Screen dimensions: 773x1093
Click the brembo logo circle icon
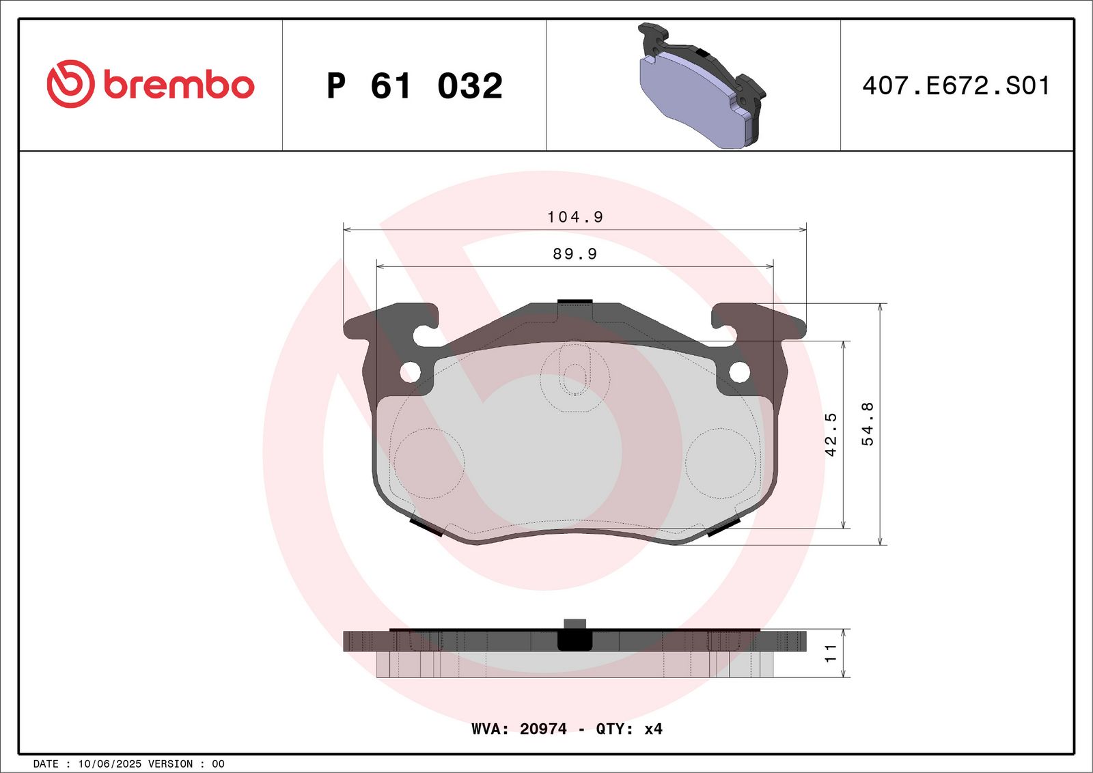coord(70,84)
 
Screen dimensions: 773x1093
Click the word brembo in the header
coord(179,85)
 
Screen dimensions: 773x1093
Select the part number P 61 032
coord(415,86)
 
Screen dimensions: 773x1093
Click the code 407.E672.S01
coord(956,86)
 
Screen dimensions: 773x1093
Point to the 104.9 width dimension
coord(575,217)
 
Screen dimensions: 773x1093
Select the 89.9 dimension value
coord(575,254)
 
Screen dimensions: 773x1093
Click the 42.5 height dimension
coord(831,434)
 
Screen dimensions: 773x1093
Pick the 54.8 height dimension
coord(868,424)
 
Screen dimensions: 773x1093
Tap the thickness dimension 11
coord(831,653)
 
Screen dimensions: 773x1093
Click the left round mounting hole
coord(410,372)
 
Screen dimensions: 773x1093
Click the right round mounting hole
coord(740,372)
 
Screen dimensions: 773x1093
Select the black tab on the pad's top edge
coord(575,301)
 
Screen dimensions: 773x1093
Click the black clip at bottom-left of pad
coord(425,526)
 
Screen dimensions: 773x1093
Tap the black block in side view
coord(575,639)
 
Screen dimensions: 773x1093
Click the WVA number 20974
coord(543,729)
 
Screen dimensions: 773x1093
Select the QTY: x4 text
coord(628,729)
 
